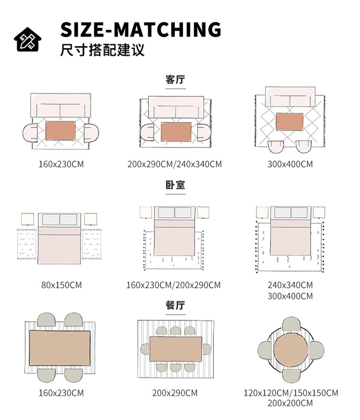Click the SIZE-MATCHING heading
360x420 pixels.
[141, 30]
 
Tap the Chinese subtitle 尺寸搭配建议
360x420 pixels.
[102, 50]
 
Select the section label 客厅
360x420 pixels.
[175, 80]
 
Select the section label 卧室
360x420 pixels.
[175, 185]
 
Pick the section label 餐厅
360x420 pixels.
[175, 305]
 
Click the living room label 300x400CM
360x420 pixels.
[290, 164]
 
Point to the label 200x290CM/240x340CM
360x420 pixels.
[175, 164]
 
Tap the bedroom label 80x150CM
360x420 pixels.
[61, 285]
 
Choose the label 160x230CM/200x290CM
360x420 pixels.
[173, 285]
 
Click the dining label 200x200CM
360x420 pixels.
[290, 403]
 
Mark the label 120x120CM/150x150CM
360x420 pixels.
[290, 393]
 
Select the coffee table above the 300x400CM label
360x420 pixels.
[290, 121]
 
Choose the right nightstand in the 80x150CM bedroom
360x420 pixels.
[91, 220]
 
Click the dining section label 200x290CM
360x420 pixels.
[175, 393]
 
